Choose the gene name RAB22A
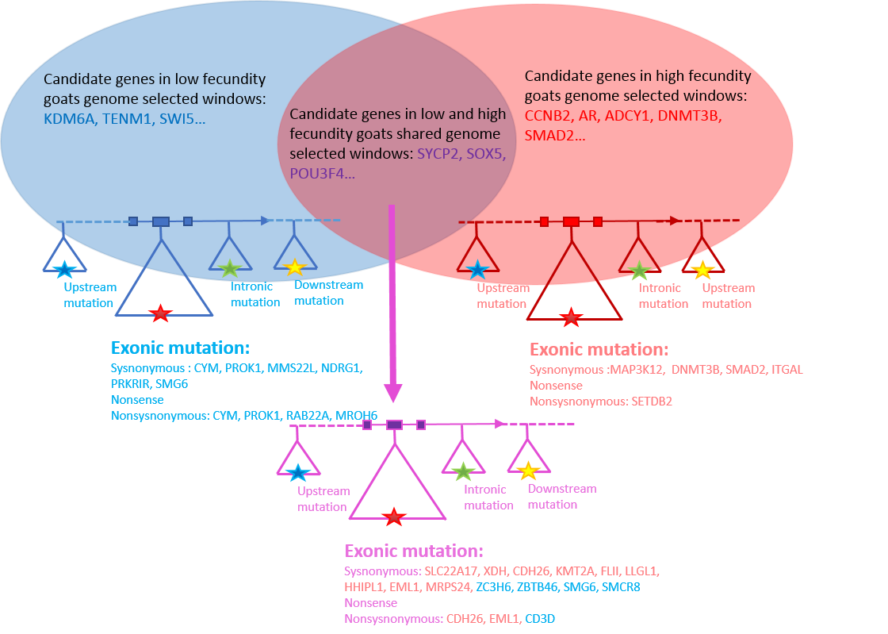310,415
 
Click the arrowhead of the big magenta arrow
393,392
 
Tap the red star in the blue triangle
161,313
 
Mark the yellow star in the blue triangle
295,267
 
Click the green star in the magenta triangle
462,471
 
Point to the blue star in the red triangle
477,270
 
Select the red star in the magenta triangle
393,517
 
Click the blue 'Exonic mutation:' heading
181,348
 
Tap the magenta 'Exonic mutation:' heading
414,551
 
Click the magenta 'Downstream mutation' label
561,497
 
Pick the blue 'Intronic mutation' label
255,294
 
